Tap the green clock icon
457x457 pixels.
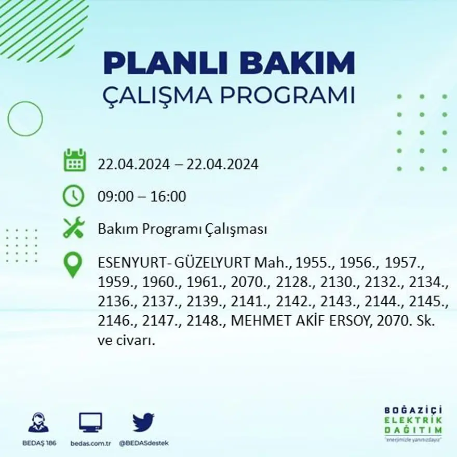pyautogui.click(x=73, y=196)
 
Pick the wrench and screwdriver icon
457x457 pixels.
pyautogui.click(x=73, y=228)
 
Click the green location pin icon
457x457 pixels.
pyautogui.click(x=73, y=264)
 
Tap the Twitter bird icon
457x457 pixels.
pyautogui.click(x=143, y=422)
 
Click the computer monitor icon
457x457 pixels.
pyautogui.click(x=90, y=422)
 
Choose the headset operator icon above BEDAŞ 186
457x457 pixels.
pyautogui.click(x=38, y=422)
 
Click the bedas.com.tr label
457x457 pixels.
pyautogui.click(x=90, y=443)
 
